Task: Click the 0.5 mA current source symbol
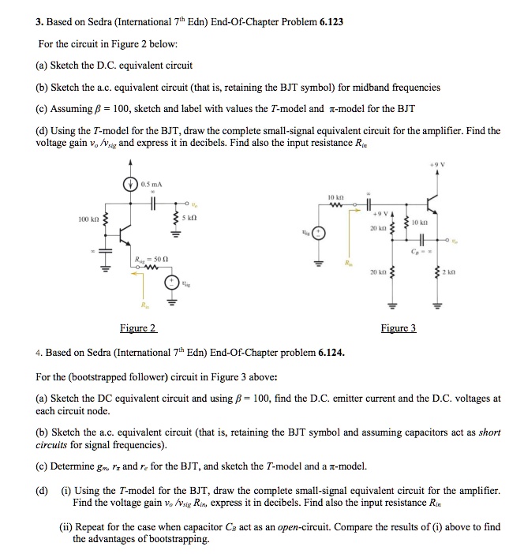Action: [133, 187]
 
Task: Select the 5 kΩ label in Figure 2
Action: [193, 216]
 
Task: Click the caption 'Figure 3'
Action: [398, 328]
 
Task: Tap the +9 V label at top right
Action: [480, 166]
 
